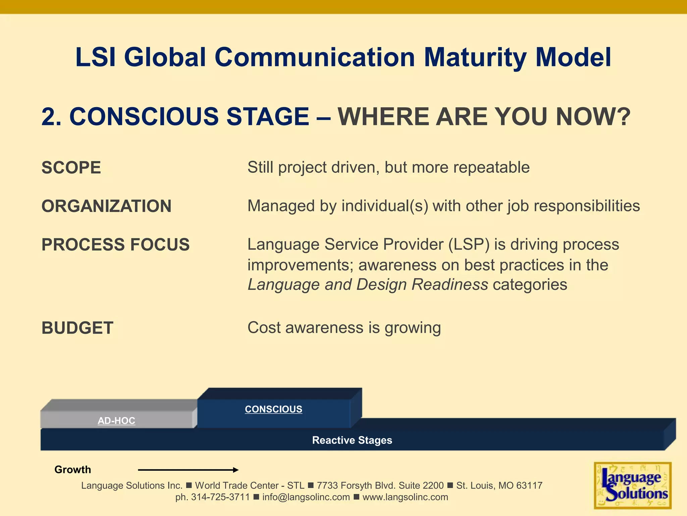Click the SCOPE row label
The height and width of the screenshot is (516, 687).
[x=71, y=168]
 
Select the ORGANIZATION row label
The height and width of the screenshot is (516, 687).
[x=106, y=206]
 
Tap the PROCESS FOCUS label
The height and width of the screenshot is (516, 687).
[x=115, y=245]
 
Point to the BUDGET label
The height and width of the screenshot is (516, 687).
[x=77, y=328]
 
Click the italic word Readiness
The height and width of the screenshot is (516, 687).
[x=450, y=285]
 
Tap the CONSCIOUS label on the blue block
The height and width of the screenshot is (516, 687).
[x=273, y=409]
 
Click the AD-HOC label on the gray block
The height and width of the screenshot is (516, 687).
[x=116, y=421]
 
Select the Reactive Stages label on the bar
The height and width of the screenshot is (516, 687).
[x=352, y=440]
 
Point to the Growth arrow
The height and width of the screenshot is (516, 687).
[x=188, y=470]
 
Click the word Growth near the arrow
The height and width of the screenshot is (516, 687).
[x=72, y=470]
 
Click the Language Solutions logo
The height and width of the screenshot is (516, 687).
[x=632, y=485]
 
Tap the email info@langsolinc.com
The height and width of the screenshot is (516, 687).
[x=306, y=497]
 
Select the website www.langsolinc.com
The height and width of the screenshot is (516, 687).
[x=405, y=497]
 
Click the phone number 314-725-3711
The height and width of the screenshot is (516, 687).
[x=220, y=497]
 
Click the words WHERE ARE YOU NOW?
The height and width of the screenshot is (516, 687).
[x=484, y=117]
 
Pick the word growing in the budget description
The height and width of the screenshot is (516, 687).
[x=413, y=328]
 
